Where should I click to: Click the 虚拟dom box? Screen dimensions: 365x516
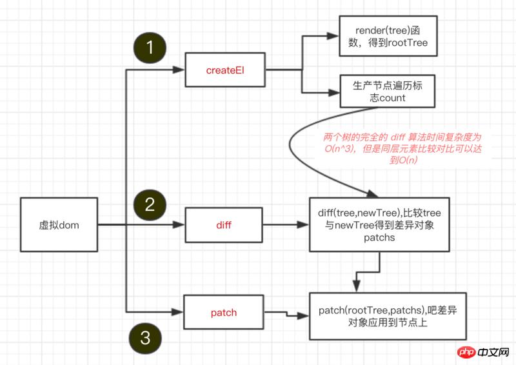[59, 225]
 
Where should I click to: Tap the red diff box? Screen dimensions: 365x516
[223, 225]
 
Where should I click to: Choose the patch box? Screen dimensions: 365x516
[223, 313]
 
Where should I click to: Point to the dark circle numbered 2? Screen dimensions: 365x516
[150, 204]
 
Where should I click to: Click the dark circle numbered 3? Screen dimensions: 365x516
[146, 336]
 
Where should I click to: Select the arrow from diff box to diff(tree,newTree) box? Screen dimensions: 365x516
[284, 225]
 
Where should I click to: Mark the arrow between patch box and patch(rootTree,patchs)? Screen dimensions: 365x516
[286, 314]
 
